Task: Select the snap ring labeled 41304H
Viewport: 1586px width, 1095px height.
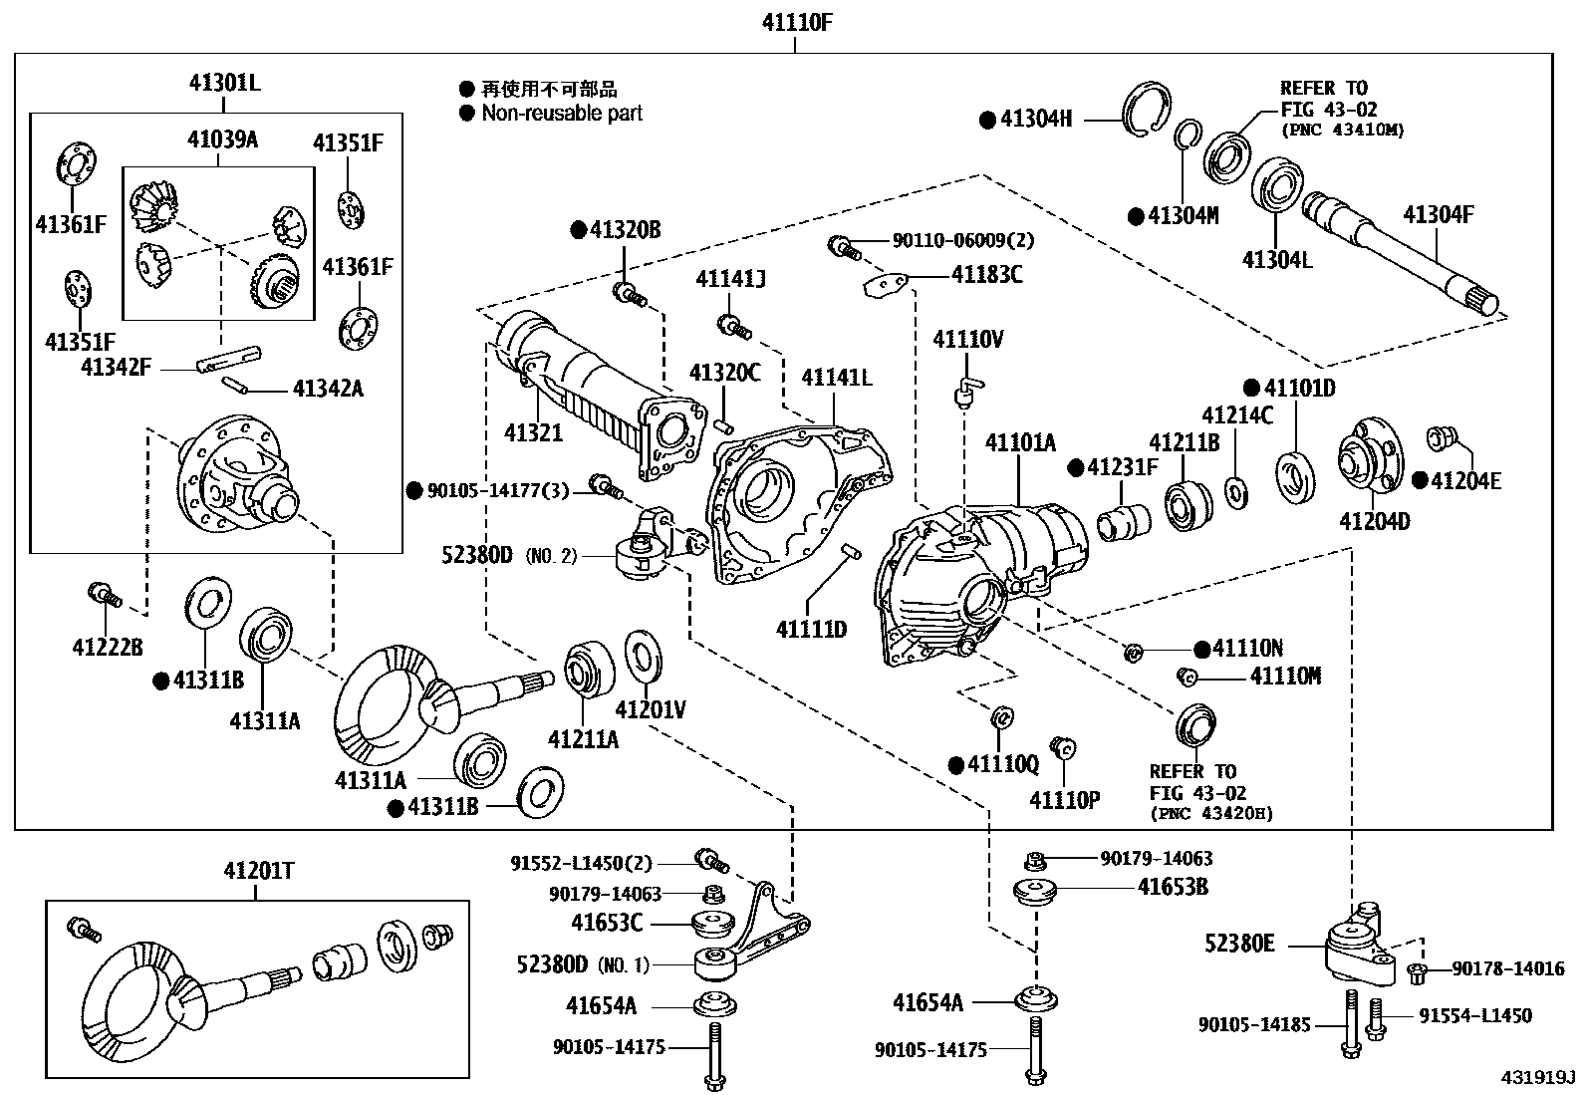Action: coord(1148,110)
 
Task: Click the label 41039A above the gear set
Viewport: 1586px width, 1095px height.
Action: coord(222,139)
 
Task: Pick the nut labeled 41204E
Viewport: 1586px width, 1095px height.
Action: coord(1441,437)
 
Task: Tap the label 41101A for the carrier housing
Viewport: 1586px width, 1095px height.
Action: coord(1020,442)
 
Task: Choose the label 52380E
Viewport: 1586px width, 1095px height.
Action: coord(1239,943)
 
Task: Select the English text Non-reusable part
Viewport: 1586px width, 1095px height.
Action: coord(561,114)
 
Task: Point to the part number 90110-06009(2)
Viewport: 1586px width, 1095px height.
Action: coord(949,240)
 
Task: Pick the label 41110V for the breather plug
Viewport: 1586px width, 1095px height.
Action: coord(967,340)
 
